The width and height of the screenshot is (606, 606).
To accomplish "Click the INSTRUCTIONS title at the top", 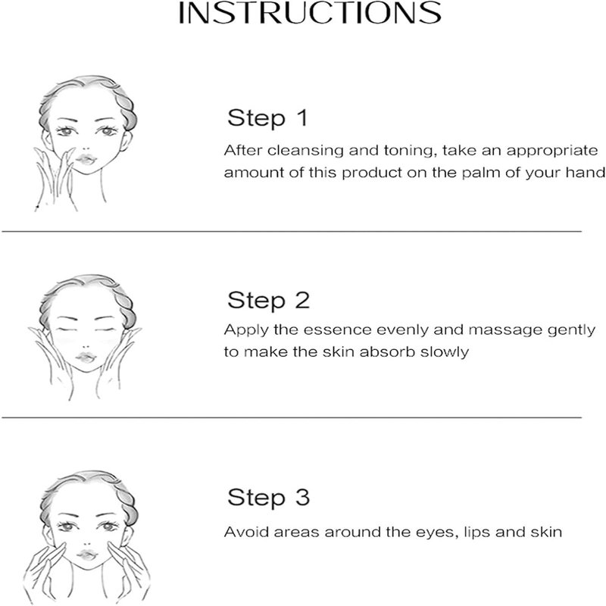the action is click(309, 13).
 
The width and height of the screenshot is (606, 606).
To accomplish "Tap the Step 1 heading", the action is click(268, 118).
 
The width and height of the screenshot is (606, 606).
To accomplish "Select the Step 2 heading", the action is click(269, 300).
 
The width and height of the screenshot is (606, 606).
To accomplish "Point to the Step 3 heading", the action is click(269, 498).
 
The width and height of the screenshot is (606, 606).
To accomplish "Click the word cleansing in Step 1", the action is click(305, 151).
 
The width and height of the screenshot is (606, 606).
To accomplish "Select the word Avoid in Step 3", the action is click(247, 532).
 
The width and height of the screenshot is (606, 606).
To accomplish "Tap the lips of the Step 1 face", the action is click(86, 159).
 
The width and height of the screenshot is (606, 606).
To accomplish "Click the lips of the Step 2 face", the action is click(86, 358).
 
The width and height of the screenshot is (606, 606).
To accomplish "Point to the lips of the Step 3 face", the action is click(87, 555).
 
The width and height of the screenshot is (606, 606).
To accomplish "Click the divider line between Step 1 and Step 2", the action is click(292, 232).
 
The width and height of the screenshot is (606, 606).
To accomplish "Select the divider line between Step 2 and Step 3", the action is click(292, 417).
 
